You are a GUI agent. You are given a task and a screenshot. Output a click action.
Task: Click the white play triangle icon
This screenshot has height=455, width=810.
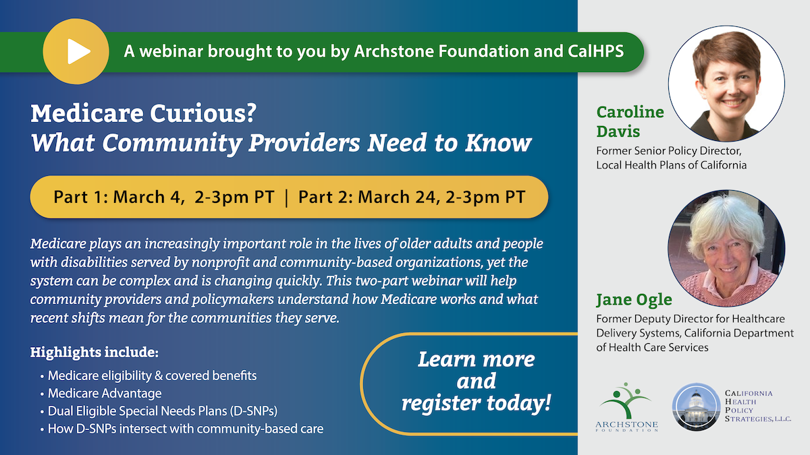click(x=78, y=51)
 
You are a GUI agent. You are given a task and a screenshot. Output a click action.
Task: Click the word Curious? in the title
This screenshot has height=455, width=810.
click(x=203, y=113)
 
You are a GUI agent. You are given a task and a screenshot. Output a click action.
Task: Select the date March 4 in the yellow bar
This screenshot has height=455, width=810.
click(x=146, y=197)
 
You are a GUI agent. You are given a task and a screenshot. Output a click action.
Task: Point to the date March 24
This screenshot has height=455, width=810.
click(x=399, y=197)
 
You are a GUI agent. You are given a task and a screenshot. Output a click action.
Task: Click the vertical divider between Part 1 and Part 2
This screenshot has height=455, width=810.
click(x=286, y=198)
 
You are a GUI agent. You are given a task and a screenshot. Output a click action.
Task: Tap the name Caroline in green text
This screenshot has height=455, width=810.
click(x=630, y=112)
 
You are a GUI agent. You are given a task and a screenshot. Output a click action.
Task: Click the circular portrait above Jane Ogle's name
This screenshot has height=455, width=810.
click(x=726, y=249)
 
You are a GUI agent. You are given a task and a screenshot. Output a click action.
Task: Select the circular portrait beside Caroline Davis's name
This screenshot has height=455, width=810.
click(x=726, y=84)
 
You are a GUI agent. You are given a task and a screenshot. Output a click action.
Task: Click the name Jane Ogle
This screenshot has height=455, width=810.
click(x=634, y=300)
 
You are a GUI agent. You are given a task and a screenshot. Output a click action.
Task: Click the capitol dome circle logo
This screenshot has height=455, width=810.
click(x=696, y=407)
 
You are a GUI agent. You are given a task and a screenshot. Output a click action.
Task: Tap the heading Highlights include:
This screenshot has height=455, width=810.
click(x=94, y=352)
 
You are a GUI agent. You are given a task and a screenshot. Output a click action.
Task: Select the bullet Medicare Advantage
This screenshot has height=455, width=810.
click(x=105, y=393)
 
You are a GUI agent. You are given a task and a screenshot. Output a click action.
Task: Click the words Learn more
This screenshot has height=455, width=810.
click(x=477, y=360)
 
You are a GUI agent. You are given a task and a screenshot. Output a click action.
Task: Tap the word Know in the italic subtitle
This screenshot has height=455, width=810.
click(x=498, y=143)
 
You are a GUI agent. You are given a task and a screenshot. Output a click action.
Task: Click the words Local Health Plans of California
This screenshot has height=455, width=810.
click(x=672, y=165)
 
